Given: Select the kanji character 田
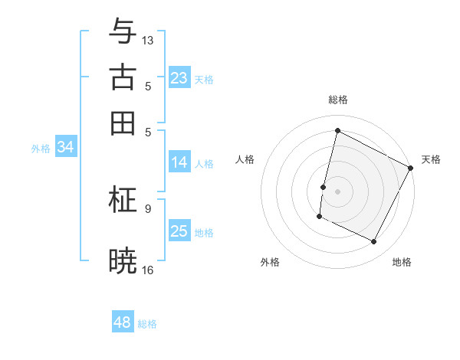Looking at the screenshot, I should coord(123,123).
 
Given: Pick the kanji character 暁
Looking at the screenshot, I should coord(123,261).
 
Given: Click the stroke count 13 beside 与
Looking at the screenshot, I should coord(148,40).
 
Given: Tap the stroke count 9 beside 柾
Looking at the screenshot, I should coord(148,208).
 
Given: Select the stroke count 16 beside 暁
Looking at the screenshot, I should coord(148,270).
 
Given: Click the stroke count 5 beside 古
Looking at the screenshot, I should coord(148,86).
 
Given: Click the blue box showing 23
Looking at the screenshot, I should coord(179,78).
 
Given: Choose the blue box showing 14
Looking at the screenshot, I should coord(179,162).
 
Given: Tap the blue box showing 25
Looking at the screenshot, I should coord(179,231).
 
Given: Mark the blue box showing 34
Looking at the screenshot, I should coord(65,148).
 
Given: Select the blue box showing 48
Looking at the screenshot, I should coord(123,322).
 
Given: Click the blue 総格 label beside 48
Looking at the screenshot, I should coord(147,324).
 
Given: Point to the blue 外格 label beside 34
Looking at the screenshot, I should coord(41,149).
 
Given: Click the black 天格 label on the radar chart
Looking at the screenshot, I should coord(431,159).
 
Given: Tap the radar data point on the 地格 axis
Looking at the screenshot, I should coord(374,242).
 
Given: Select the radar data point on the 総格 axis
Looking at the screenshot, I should coord(337,131).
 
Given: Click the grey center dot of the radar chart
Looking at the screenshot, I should coord(337,190).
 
